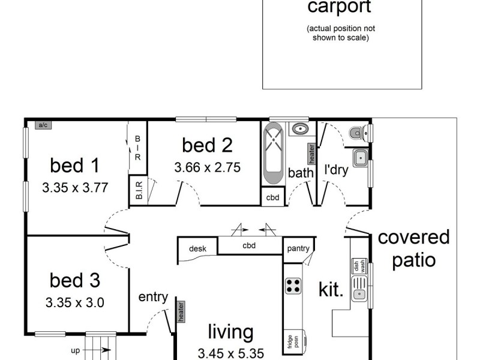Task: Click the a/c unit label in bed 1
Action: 43,125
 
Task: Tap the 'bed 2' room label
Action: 207,145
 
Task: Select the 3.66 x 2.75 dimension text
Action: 207,167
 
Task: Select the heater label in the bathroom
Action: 311,154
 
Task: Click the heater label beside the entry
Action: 179,311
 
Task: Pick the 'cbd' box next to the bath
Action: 272,197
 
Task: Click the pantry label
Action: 298,248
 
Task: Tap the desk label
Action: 197,248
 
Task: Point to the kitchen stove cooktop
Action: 293,286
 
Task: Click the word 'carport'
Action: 339,7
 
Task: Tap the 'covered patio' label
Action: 413,249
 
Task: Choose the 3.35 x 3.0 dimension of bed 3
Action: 75,302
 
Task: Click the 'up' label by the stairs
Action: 75,351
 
